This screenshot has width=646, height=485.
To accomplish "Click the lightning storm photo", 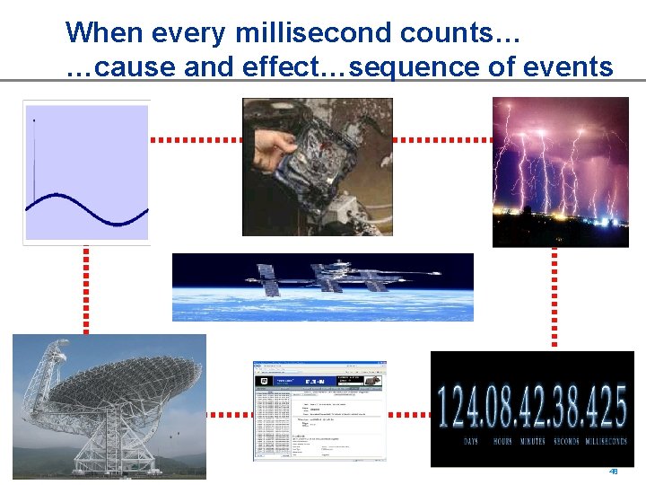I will pyautogui.click(x=560, y=172).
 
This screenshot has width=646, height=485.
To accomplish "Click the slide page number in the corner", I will pyautogui.click(x=614, y=472).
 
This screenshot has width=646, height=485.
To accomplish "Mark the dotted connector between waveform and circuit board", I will pyautogui.click(x=196, y=140).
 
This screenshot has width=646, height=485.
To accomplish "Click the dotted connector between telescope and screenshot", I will pyautogui.click(x=229, y=415).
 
